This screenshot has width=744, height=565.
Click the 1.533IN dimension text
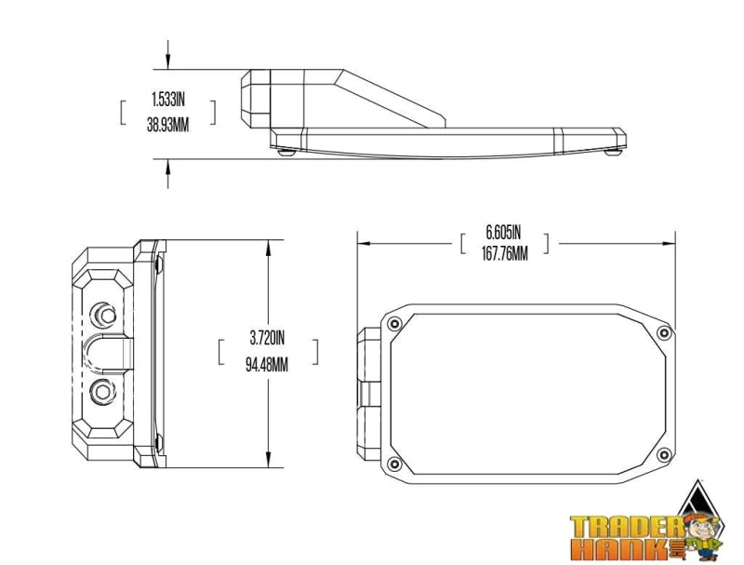coord(167,98)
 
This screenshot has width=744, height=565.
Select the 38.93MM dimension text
coord(167,124)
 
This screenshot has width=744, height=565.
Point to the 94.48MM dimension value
coord(267,364)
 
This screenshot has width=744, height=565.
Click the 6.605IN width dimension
coord(504,231)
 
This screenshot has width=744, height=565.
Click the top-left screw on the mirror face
coord(395,324)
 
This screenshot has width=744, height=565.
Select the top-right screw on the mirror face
coord(663,333)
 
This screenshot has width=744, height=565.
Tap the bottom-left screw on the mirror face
coord(395,464)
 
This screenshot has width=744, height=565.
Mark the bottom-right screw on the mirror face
coord(663,454)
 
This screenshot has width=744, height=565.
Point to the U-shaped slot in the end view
coord(109,352)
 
